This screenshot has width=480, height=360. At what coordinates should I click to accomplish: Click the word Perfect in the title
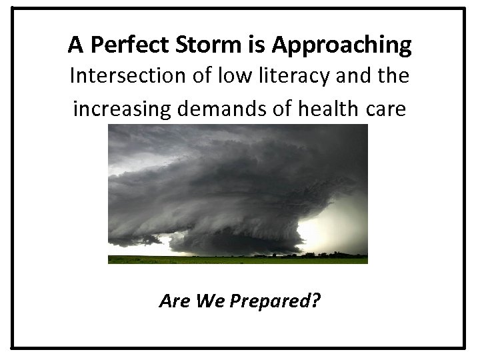click(119, 45)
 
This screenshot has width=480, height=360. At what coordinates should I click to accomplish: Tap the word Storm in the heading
click(203, 45)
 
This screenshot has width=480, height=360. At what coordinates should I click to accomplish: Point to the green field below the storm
click(200, 259)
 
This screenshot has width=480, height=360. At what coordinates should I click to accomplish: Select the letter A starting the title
click(73, 45)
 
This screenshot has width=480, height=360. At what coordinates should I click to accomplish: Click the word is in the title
click(255, 45)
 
